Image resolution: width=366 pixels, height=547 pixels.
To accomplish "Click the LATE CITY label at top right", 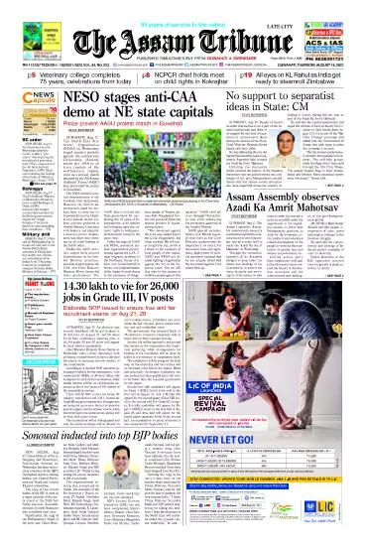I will [x=332, y=13].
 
